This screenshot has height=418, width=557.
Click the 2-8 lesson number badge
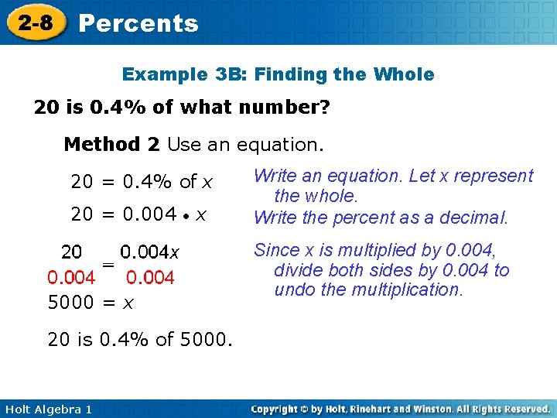click(36, 22)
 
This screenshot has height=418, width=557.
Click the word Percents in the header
click(138, 23)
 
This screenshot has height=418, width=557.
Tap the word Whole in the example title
click(404, 75)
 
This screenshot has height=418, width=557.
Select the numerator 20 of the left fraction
click(72, 252)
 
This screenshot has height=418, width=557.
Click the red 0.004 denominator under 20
click(71, 277)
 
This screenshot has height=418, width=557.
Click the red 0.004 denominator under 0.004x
click(150, 277)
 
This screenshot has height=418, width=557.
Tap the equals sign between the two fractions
click(108, 265)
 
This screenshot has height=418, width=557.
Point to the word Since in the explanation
click(276, 250)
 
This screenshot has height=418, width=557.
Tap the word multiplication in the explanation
click(406, 290)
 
